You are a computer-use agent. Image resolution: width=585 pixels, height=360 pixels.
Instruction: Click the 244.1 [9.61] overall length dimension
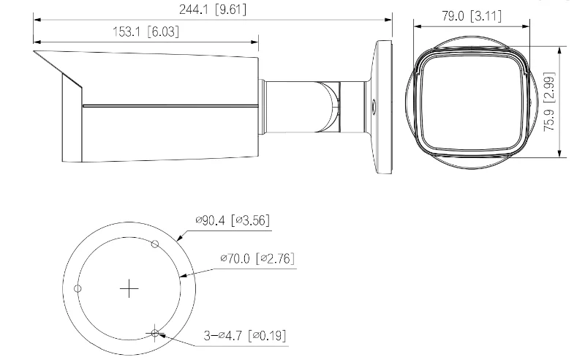(213, 10)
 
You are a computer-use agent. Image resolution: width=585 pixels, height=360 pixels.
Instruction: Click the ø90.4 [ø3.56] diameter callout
(235, 220)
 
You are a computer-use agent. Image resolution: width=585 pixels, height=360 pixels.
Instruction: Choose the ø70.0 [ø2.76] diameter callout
(257, 259)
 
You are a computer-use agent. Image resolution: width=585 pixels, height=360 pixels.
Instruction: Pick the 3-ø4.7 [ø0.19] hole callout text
(245, 336)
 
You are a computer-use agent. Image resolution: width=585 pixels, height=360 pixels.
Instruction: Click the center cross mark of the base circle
(129, 289)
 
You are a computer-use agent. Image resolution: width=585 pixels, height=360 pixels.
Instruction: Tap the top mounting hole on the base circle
(154, 243)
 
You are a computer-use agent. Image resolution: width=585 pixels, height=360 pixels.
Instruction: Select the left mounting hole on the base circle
(78, 288)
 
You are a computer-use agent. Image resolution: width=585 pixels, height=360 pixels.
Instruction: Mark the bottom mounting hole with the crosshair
(154, 334)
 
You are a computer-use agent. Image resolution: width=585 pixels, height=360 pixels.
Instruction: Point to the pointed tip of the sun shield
(35, 53)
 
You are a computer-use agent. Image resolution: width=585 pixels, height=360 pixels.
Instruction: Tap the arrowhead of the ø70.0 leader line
(182, 276)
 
